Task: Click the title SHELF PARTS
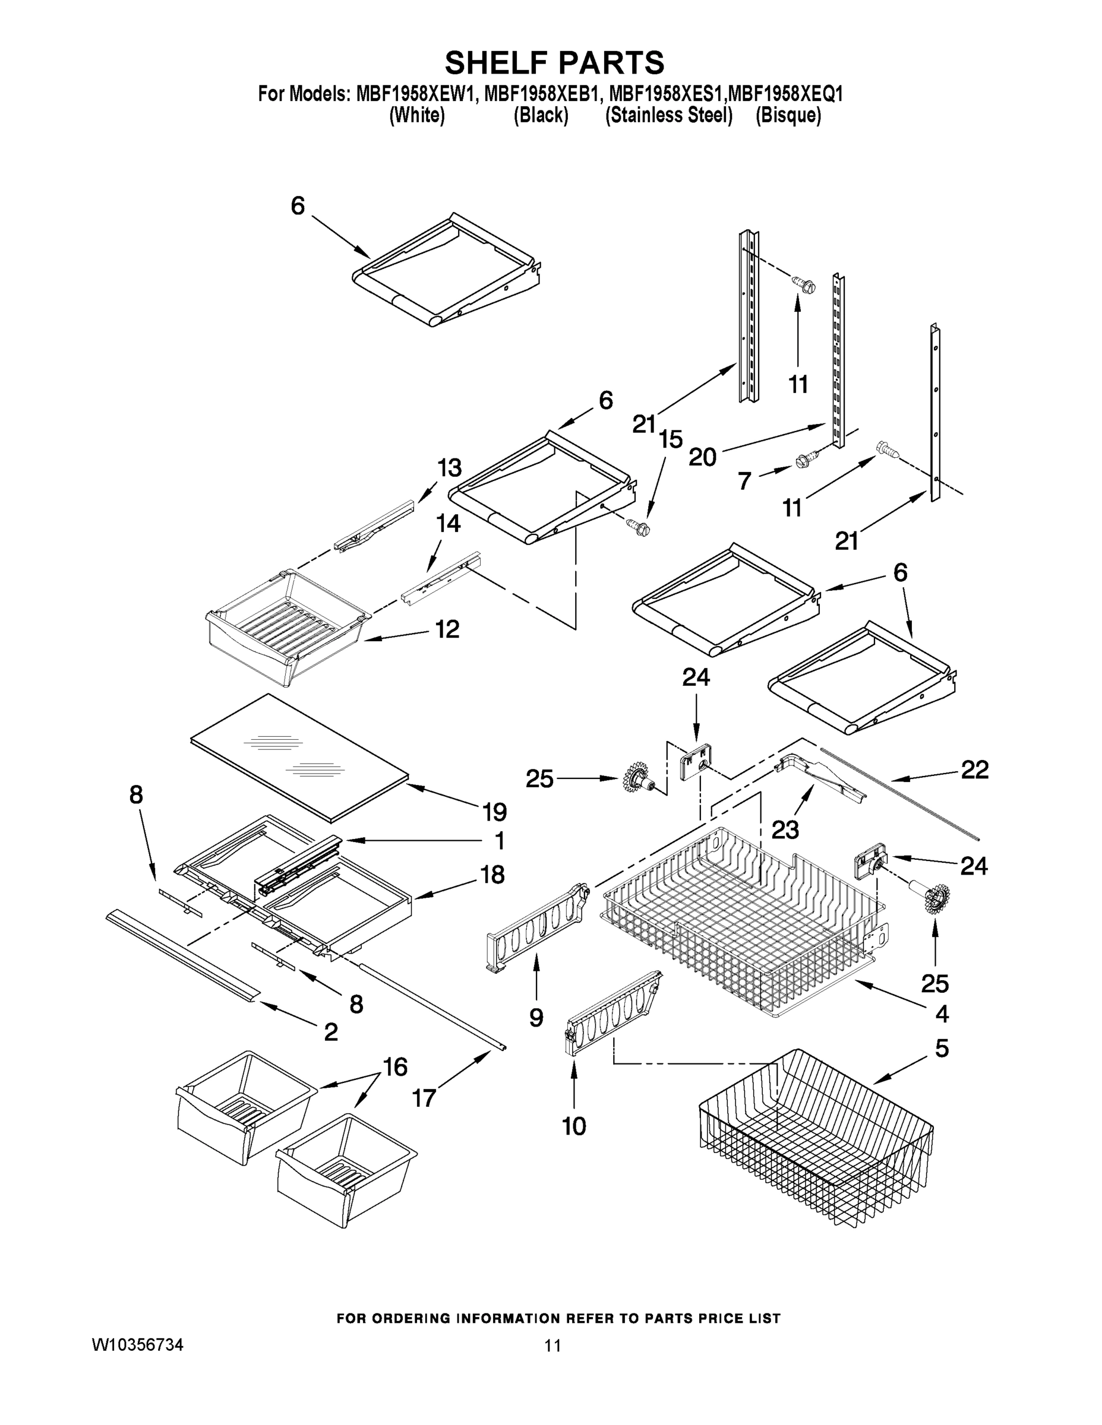[554, 64]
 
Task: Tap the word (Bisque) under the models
[788, 116]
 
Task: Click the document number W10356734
[137, 1345]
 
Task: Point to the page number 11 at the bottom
[552, 1345]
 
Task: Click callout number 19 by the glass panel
[495, 812]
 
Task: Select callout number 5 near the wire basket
[942, 1048]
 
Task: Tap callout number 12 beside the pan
[447, 629]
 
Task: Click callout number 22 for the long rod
[974, 770]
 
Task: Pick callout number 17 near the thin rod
[424, 1098]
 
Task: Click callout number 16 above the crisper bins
[394, 1067]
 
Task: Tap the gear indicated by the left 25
[635, 778]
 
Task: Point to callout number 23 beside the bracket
[785, 830]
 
